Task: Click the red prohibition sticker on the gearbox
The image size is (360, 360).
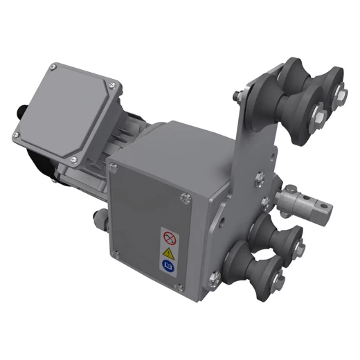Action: point(168,237)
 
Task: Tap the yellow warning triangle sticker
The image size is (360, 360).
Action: point(168,251)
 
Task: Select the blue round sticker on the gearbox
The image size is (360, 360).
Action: point(168,264)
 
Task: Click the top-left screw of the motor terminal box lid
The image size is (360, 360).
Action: point(54,67)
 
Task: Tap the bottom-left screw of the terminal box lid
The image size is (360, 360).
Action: point(15,134)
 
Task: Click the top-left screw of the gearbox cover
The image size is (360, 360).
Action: point(114,166)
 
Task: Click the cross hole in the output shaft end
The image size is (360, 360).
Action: point(320,205)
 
